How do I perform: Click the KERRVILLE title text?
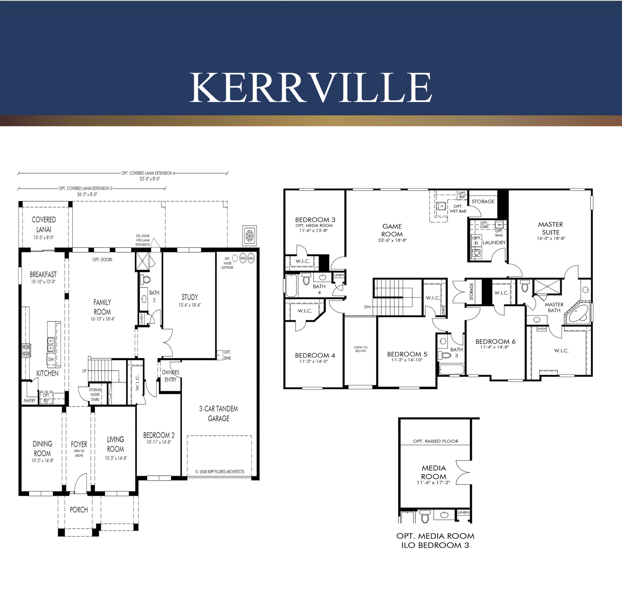pyautogui.click(x=311, y=87)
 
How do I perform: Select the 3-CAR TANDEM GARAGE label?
pyautogui.click(x=219, y=414)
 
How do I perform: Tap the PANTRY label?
pyautogui.click(x=29, y=401)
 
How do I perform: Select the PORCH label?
pyautogui.click(x=79, y=510)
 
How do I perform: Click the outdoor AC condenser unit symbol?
pyautogui.click(x=250, y=236)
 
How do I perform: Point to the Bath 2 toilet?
pyautogui.click(x=146, y=279)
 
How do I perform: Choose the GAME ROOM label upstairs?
pyautogui.click(x=392, y=230)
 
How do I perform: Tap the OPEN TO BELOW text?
pyautogui.click(x=361, y=349)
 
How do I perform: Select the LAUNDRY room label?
pyautogui.click(x=494, y=243)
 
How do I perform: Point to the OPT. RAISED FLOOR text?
pyautogui.click(x=435, y=441)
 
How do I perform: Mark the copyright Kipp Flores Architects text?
pyautogui.click(x=220, y=472)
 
